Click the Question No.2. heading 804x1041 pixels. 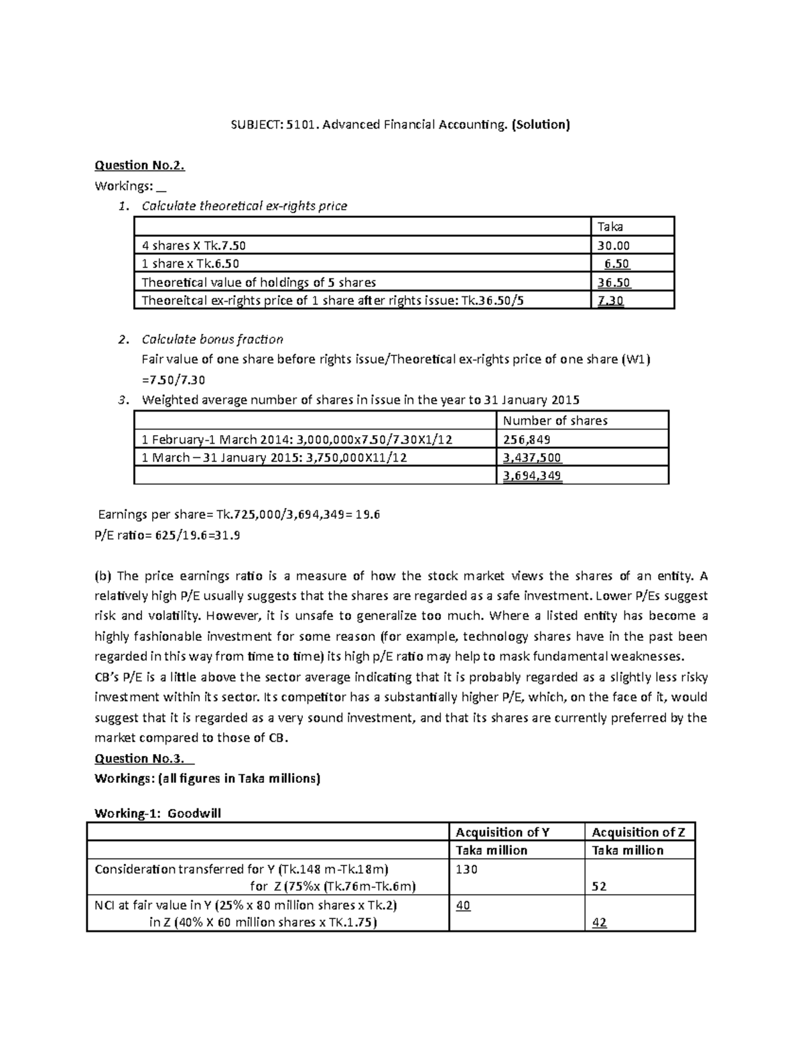pos(139,165)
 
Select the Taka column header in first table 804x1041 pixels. pos(610,227)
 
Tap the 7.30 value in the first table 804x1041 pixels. pos(610,300)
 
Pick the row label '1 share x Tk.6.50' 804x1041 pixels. pos(190,263)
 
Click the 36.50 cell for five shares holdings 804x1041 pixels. pos(614,282)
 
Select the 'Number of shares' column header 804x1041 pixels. pos(555,420)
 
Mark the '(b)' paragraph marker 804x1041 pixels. pos(105,575)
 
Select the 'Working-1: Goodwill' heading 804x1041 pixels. pos(157,813)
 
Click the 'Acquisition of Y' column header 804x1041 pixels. pos(503,832)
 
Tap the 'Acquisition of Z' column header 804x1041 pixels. pos(638,832)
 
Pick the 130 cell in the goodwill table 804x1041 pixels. pos(466,869)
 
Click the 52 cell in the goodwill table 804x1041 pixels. pos(599,886)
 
